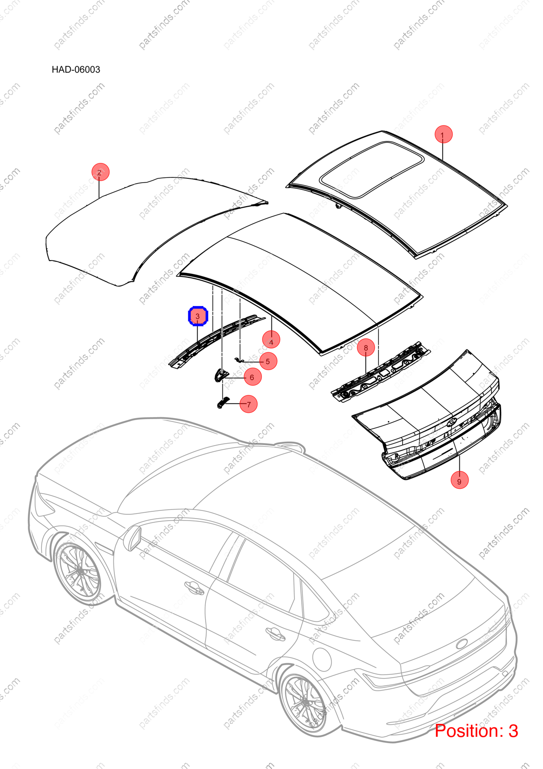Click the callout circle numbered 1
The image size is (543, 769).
tap(443, 134)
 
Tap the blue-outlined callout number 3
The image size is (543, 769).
tap(198, 316)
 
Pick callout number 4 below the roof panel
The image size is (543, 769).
tap(271, 339)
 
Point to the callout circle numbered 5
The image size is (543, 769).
tap(268, 361)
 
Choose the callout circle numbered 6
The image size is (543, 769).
tap(253, 377)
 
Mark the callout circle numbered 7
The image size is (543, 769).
tap(248, 404)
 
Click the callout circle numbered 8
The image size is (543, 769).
tap(366, 348)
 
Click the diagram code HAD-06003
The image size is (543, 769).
tap(76, 69)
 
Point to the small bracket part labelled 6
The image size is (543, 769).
tap(220, 374)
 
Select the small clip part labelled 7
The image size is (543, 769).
tap(222, 403)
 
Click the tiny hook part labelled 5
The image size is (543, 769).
tap(239, 360)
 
